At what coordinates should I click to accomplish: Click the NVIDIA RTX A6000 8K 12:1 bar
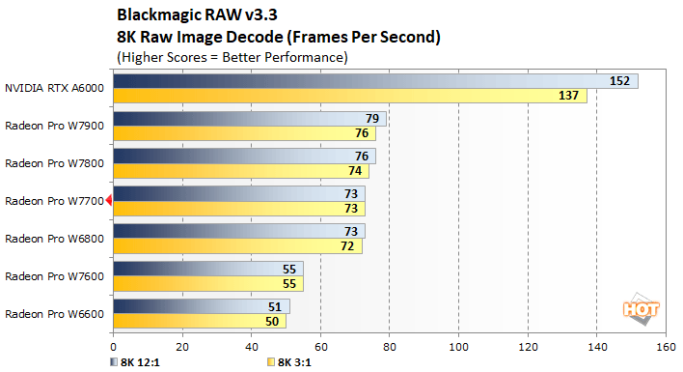[x=367, y=81]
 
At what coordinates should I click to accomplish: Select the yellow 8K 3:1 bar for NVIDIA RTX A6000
[x=347, y=96]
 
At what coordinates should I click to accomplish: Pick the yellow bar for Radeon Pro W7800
[x=236, y=171]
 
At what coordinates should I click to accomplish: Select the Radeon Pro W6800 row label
[x=54, y=238]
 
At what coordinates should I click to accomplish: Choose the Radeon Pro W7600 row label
[x=54, y=275]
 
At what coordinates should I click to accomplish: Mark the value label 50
[x=272, y=321]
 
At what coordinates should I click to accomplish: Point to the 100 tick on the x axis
[x=458, y=345]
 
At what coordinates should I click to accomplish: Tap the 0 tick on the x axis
[x=114, y=345]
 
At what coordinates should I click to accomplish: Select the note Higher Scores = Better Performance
[x=232, y=57]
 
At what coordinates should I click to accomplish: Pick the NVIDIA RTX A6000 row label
[x=54, y=88]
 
